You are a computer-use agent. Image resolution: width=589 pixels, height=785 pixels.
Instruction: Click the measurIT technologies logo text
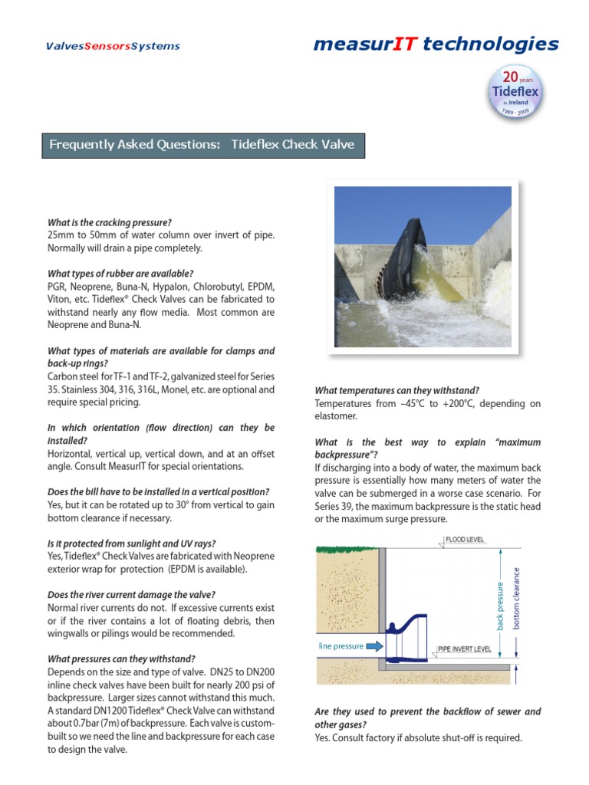click(436, 44)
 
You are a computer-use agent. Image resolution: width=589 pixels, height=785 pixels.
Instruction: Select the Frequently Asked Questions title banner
click(202, 145)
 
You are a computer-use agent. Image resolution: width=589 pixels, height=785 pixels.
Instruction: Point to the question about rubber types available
click(120, 273)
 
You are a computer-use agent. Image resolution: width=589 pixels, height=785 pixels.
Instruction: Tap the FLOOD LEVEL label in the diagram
click(465, 540)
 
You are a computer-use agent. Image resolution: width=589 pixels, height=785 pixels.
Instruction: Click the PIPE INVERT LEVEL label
click(464, 649)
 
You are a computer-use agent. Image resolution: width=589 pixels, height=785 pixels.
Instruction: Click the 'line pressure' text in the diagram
click(341, 646)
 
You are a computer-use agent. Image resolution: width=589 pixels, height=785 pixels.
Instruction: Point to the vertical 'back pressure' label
click(501, 606)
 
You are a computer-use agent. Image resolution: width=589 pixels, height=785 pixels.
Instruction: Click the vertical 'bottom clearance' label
click(516, 599)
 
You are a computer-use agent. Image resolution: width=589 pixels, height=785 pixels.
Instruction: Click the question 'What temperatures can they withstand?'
click(397, 390)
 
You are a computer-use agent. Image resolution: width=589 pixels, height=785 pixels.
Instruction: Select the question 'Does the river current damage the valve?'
click(131, 595)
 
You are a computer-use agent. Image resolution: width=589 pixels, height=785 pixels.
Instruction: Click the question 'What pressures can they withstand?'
click(121, 659)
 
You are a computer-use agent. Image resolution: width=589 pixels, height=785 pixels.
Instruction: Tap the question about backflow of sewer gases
click(428, 718)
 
